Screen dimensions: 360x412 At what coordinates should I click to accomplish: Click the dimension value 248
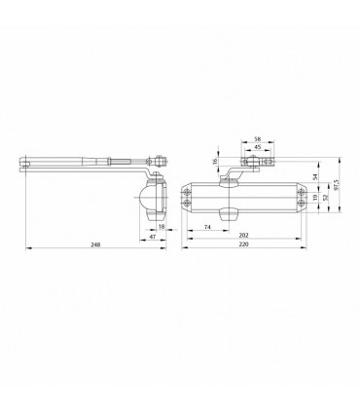(x=95, y=244)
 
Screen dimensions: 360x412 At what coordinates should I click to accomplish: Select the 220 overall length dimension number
(x=243, y=244)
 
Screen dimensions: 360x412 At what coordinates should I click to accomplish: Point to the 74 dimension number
(x=208, y=227)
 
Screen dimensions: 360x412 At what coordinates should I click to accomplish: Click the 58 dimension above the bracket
(x=258, y=138)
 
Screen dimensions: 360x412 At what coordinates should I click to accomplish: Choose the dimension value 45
(x=258, y=147)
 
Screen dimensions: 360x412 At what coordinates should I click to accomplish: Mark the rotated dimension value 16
(x=216, y=162)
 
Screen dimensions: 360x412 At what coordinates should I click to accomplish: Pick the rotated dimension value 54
(x=315, y=177)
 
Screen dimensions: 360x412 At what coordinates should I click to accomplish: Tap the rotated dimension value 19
(x=315, y=198)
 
